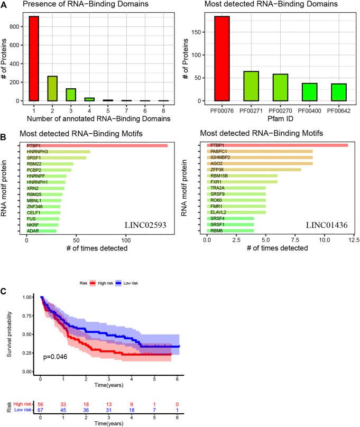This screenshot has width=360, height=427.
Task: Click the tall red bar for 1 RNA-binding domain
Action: pyautogui.click(x=34, y=58)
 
